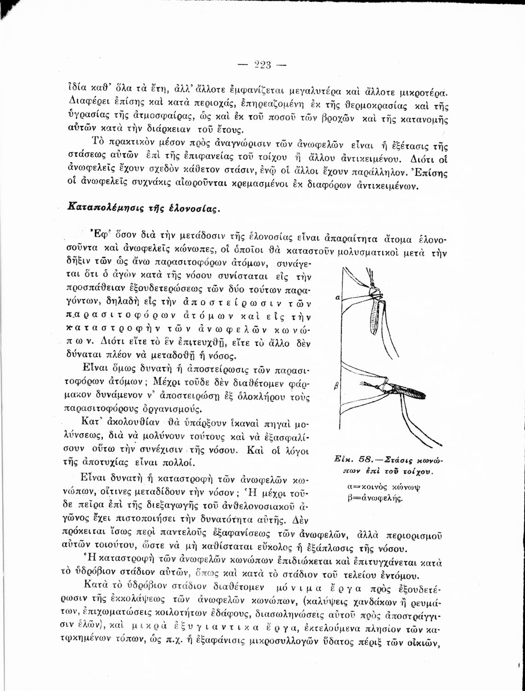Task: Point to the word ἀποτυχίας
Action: (94, 462)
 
